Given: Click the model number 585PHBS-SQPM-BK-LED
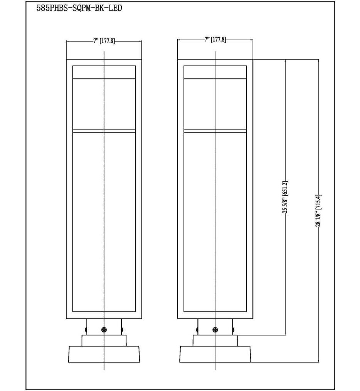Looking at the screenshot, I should click(79, 8).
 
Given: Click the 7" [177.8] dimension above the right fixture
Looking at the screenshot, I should click(215, 40).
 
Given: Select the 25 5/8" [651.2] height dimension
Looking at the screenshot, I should click(285, 200).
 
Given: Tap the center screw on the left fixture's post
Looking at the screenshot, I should click(104, 329).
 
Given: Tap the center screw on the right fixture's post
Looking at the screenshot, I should click(215, 329).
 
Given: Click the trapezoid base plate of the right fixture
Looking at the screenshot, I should click(215, 354).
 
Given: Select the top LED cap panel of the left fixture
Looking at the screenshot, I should click(104, 72).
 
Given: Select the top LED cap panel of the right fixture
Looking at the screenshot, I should click(215, 72).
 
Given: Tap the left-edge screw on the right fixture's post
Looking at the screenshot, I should click(197, 329).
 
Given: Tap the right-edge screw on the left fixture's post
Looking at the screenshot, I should click(122, 329).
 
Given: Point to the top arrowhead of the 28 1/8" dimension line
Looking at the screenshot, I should click(319, 62).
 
